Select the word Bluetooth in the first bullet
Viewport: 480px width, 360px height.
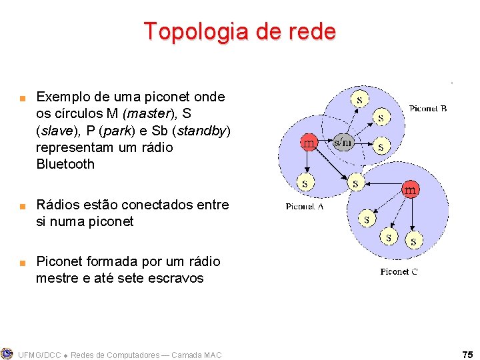(65, 164)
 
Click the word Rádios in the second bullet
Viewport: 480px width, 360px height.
(58, 205)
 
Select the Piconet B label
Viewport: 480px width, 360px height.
(427, 109)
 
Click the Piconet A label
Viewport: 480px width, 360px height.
(305, 207)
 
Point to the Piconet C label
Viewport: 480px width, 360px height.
(399, 271)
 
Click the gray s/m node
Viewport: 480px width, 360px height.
(343, 142)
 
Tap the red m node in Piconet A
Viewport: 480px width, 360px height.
(309, 143)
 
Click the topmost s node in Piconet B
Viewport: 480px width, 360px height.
(360, 99)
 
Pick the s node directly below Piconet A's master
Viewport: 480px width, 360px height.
(305, 181)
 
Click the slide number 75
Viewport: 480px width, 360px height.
(467, 354)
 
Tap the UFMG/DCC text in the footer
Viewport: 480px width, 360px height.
(41, 355)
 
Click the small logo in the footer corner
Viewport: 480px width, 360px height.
(7, 353)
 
